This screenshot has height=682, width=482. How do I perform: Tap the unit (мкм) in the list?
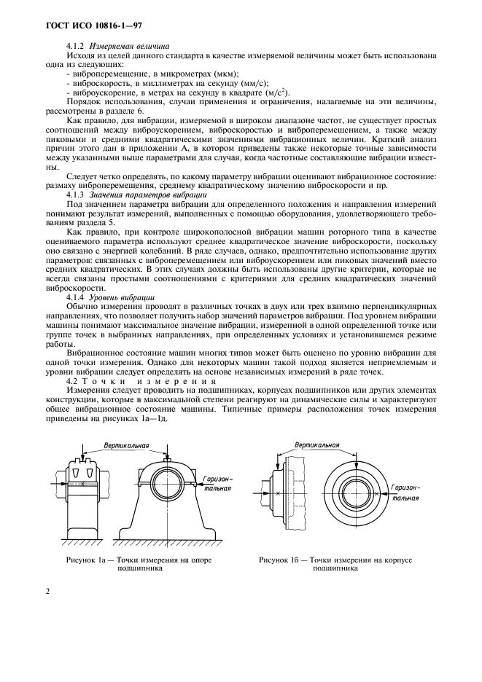click(228, 74)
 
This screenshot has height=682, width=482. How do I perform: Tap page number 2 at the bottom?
click(48, 591)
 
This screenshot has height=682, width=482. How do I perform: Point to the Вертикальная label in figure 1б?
click(318, 444)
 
